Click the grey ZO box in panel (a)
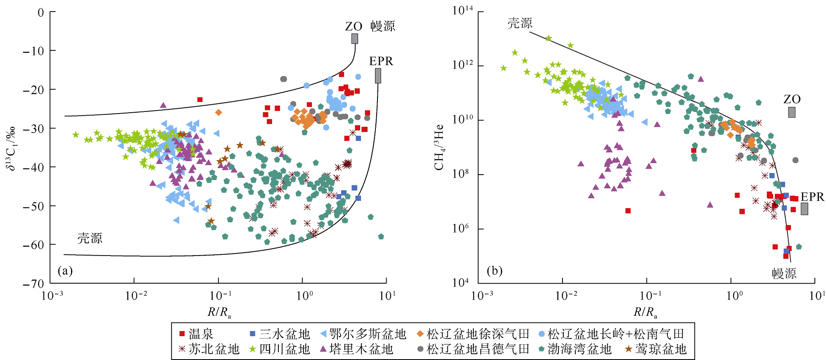(x=355, y=39)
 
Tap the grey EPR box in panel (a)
(x=378, y=76)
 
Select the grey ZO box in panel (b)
(x=791, y=112)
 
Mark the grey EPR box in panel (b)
(x=804, y=209)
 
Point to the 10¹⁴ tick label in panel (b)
(x=463, y=11)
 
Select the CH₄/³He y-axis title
(x=439, y=147)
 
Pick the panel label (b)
(x=494, y=271)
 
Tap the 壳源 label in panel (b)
(x=520, y=23)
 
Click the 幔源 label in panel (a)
(x=382, y=26)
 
